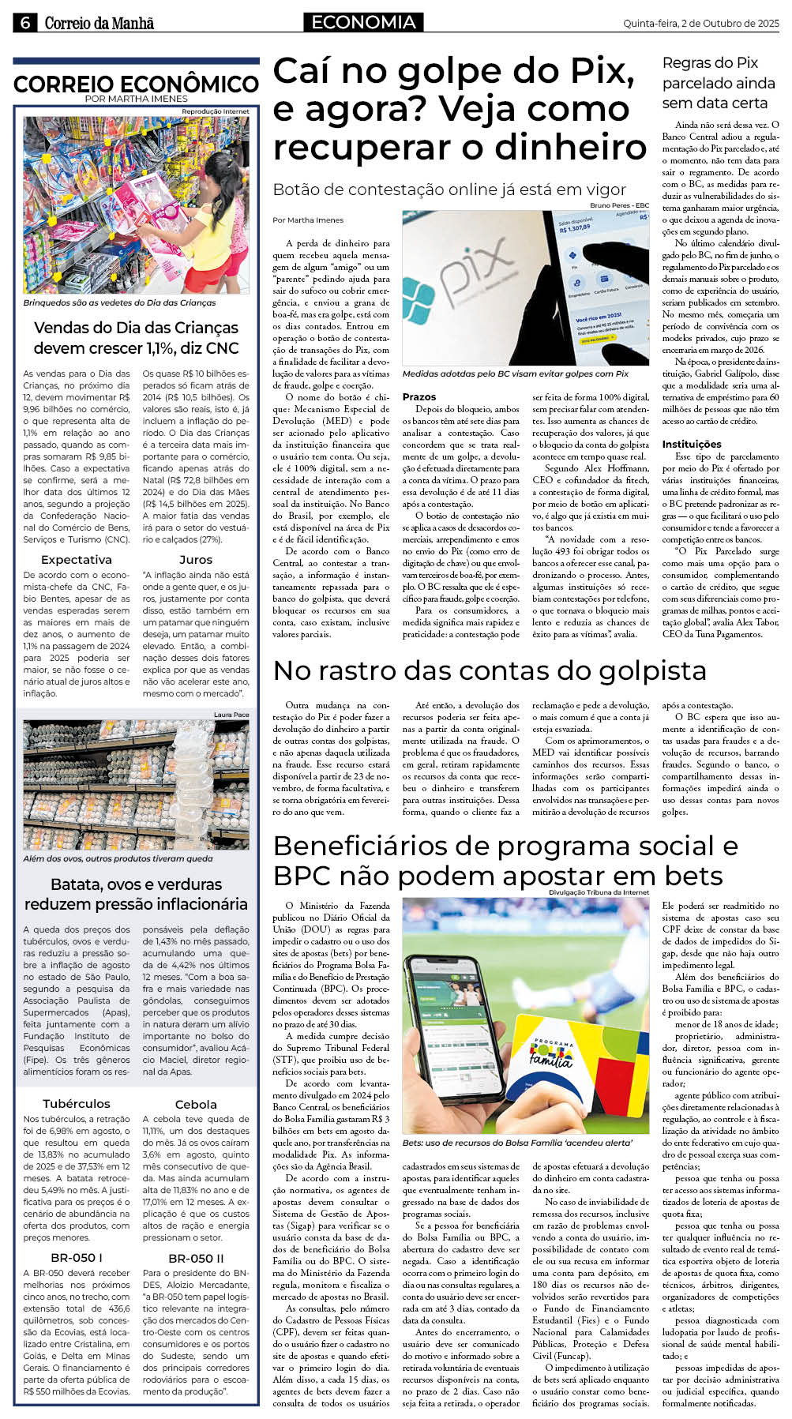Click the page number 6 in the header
coord(24,24)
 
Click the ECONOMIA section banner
coord(363,23)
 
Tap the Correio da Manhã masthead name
coord(99,24)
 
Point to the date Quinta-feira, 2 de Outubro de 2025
coord(701,24)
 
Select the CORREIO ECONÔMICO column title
coord(136,84)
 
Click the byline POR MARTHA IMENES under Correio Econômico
coord(136,99)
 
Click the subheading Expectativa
coord(77,560)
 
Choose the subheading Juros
coord(196,560)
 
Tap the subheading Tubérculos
coord(77,1104)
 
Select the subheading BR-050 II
coord(196,1258)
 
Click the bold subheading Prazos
coord(419,397)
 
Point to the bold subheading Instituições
coord(692,445)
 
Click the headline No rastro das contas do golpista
coord(490,670)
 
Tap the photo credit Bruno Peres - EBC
coord(620,205)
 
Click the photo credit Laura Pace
coord(231,715)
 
